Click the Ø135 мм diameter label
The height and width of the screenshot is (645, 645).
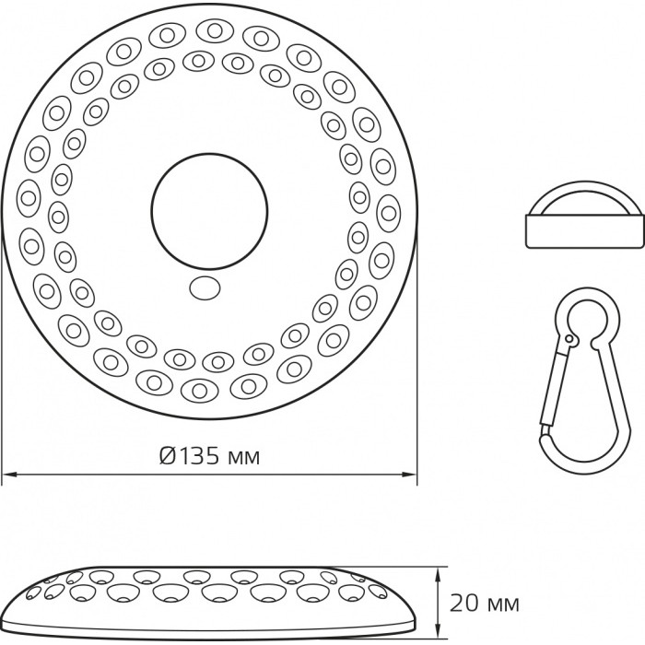210,456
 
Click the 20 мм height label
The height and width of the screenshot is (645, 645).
484,604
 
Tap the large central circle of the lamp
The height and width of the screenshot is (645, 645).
209,211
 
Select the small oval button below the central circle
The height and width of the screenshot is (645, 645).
205,287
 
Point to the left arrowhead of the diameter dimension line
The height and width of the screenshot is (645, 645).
9,475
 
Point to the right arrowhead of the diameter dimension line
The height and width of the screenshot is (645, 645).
410,475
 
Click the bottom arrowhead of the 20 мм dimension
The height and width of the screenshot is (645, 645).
439,634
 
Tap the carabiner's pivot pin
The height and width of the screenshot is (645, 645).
569,339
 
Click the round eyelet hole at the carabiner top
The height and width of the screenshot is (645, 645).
588,319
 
